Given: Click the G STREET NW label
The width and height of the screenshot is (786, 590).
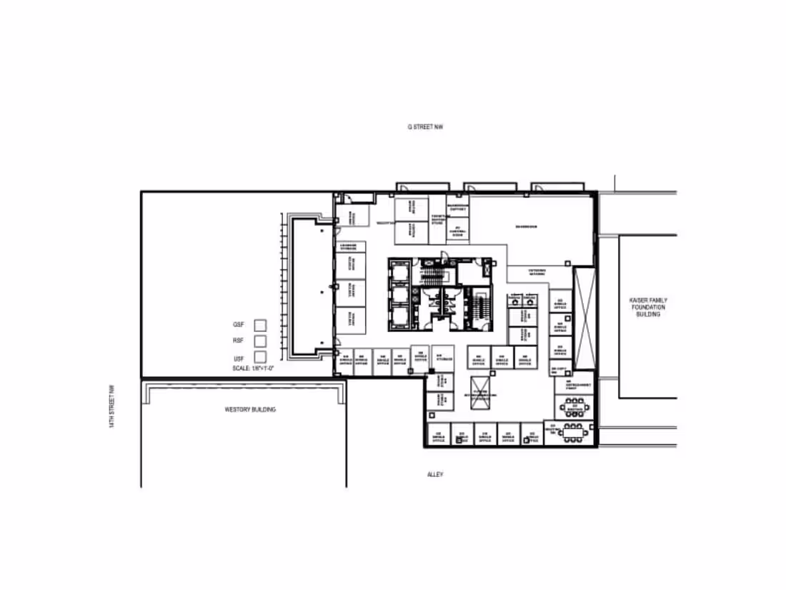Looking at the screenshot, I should (x=425, y=127).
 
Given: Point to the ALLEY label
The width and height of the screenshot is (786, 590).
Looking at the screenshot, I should (x=435, y=474).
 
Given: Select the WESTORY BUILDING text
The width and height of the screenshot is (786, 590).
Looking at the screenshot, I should (x=250, y=410).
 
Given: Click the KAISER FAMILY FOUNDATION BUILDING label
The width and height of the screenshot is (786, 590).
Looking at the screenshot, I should (x=648, y=307).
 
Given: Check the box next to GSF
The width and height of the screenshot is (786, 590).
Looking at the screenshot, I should (x=260, y=325).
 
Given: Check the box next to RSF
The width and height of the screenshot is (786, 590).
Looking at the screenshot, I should (x=260, y=341).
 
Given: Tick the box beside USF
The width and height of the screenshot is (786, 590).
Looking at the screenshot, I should (x=260, y=356).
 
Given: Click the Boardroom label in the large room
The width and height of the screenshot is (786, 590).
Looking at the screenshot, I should (x=526, y=227).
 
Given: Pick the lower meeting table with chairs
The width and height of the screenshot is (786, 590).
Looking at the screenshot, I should (x=574, y=432).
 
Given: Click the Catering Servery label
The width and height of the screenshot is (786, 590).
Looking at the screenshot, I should (x=537, y=272).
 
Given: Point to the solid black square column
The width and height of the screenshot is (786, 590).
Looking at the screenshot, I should (x=432, y=371).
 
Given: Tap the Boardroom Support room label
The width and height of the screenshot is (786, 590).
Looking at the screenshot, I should (x=457, y=207).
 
